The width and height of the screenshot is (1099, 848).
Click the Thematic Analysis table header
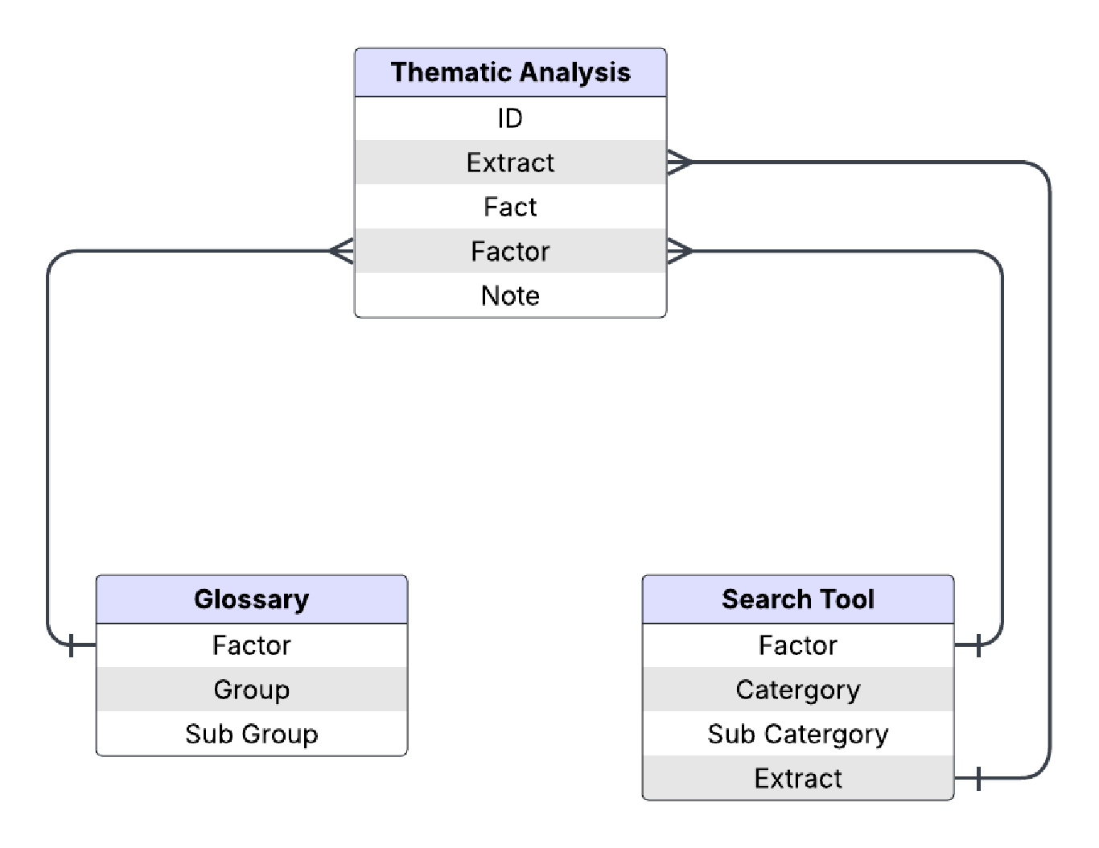point(510,72)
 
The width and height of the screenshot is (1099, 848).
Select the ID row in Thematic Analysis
point(510,118)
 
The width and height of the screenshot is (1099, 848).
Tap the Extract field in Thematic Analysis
point(510,163)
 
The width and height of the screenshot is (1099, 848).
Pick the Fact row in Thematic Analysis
point(510,207)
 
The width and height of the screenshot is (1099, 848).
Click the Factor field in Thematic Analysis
point(510,251)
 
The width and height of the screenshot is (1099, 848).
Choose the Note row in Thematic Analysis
point(510,295)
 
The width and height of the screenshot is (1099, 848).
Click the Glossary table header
point(251,599)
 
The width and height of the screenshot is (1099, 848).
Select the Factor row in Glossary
point(251,645)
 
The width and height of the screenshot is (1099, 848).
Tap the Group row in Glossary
point(251,690)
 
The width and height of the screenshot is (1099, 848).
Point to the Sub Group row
point(251,734)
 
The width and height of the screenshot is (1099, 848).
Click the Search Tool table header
point(797,599)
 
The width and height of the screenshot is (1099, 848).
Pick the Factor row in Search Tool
point(797,645)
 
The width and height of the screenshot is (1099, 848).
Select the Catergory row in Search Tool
point(797,690)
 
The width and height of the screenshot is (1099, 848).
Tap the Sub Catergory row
point(797,734)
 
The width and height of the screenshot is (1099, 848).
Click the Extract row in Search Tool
point(797,778)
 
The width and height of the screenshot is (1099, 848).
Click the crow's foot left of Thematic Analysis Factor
point(341,251)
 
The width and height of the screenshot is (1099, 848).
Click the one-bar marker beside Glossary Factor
point(72,645)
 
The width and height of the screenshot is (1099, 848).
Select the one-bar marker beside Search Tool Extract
point(978,778)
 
